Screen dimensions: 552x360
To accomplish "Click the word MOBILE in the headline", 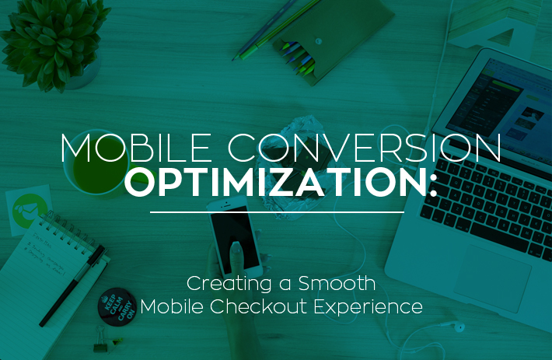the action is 136,148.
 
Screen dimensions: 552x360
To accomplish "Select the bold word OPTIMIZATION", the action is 276,182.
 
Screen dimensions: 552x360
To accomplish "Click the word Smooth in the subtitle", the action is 337,283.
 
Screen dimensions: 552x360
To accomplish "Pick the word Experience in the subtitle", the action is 369,307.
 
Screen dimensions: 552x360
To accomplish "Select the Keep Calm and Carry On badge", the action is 117,306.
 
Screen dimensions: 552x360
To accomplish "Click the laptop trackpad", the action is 492,278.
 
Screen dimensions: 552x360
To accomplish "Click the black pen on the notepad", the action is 73,285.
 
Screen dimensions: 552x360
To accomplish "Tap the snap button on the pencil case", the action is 318,41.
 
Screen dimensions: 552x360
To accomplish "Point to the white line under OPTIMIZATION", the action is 277,212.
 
